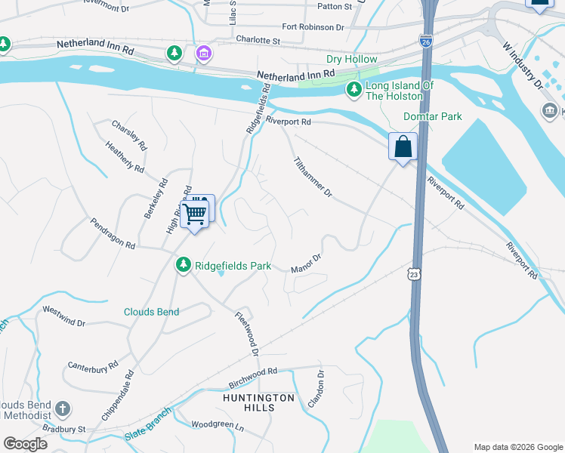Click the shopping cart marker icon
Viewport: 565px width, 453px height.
195,212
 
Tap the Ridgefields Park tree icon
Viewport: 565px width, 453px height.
183,265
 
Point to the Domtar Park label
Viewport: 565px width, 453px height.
432,116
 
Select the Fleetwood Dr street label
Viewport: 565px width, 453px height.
247,334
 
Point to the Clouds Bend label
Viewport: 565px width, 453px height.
152,312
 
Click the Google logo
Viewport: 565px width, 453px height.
25,444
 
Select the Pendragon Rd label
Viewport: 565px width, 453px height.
113,234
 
